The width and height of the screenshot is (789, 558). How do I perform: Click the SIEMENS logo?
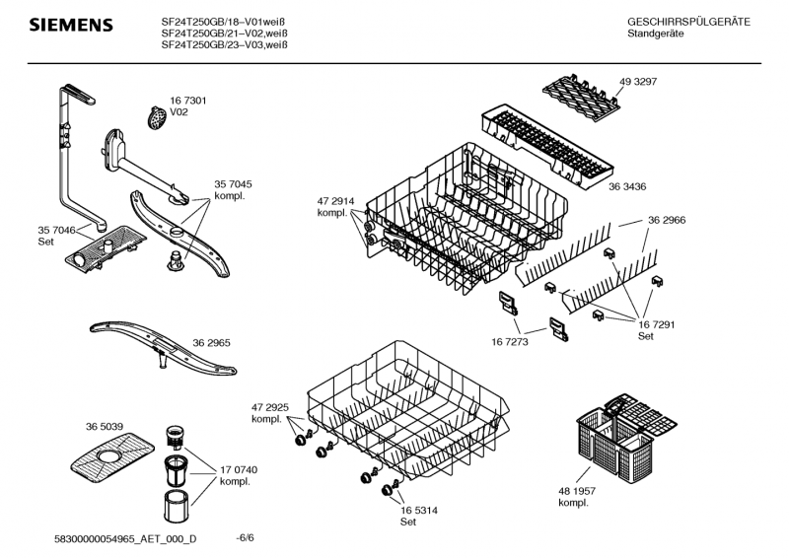click(x=69, y=24)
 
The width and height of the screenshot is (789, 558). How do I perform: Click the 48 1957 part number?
click(x=579, y=492)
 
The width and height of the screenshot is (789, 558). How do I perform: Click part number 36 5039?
click(x=105, y=426)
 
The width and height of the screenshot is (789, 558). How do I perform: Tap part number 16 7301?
click(x=187, y=101)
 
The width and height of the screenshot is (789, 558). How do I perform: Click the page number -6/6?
click(x=246, y=538)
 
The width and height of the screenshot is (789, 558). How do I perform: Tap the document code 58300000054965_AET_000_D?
click(x=125, y=538)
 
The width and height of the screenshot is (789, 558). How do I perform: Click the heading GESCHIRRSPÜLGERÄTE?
click(x=688, y=22)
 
